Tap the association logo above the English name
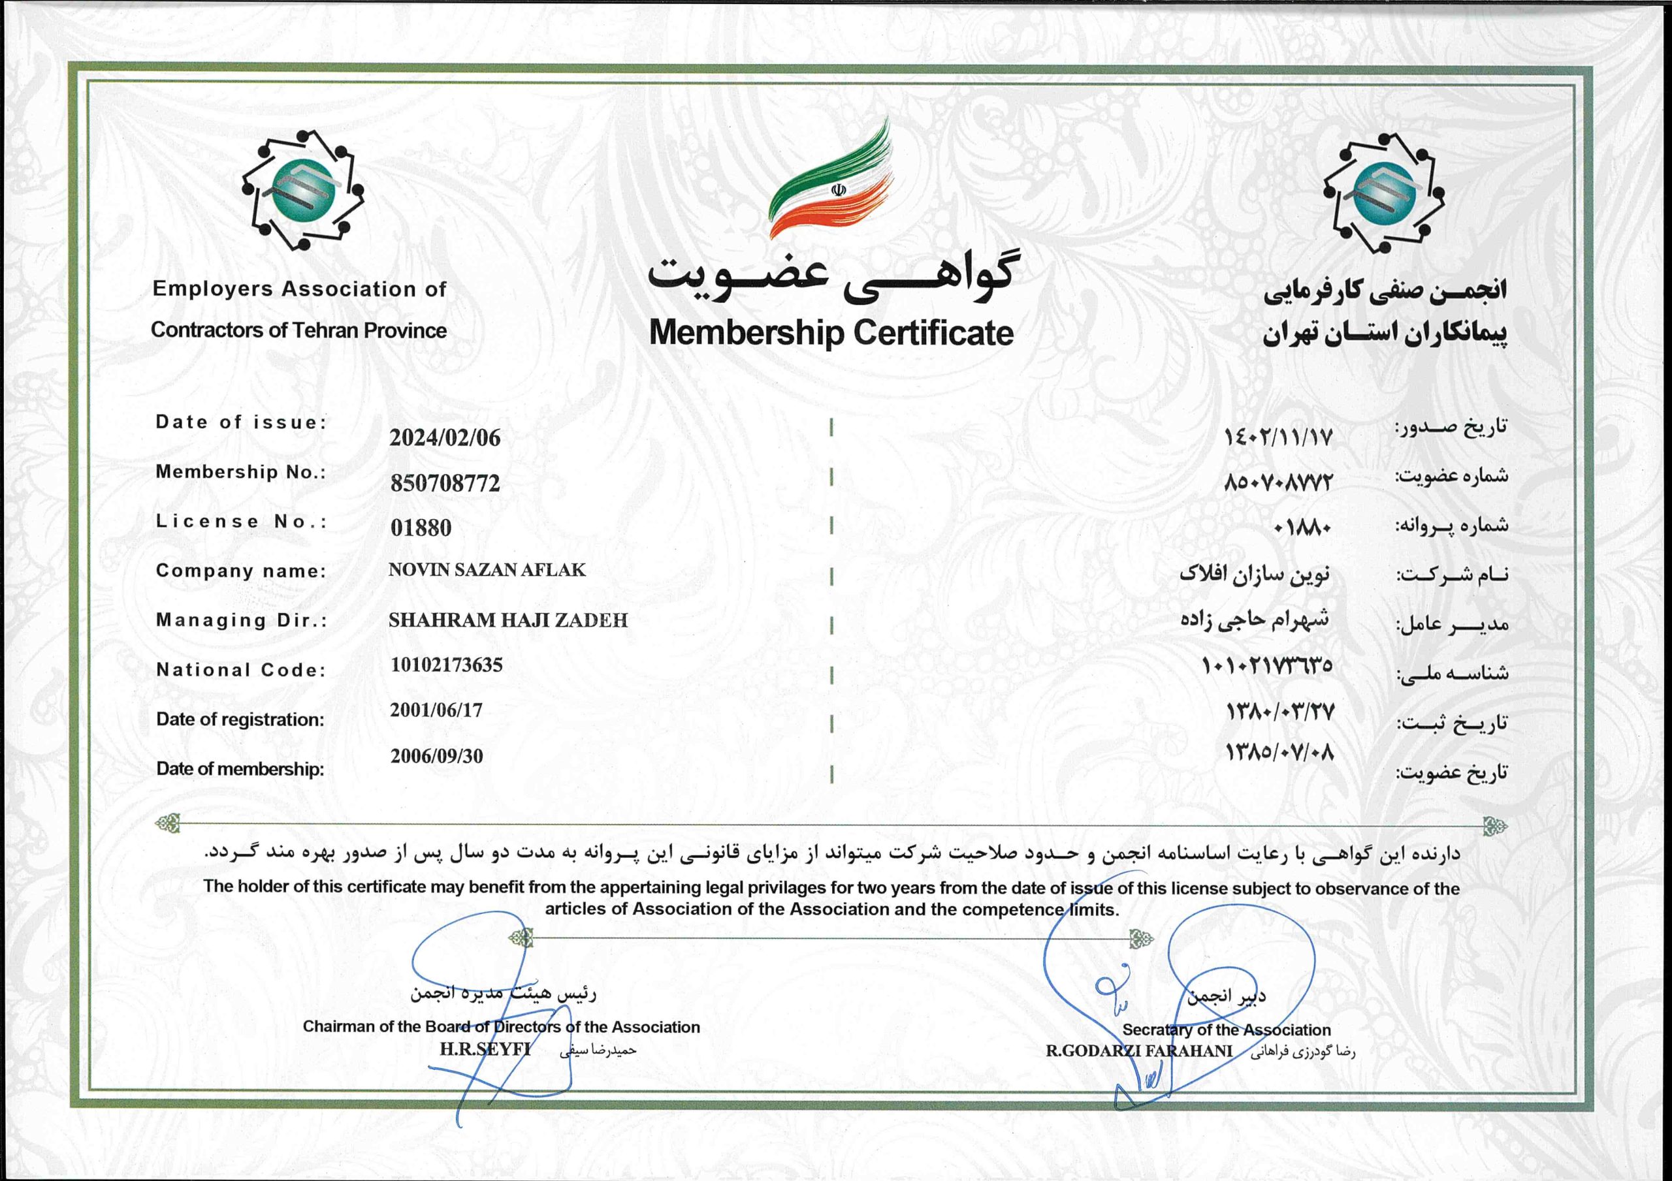tap(303, 191)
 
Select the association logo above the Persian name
tap(1383, 193)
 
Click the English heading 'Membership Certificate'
tap(831, 333)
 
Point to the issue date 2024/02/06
tap(445, 437)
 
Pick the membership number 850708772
tap(445, 482)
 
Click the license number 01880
tap(421, 527)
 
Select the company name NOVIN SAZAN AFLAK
tap(487, 570)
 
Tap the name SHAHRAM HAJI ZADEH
tap(507, 620)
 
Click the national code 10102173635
tap(446, 665)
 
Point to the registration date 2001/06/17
tap(436, 710)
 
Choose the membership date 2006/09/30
tap(436, 756)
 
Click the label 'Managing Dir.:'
tap(242, 620)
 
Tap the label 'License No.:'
tap(242, 522)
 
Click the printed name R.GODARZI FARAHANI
tap(1139, 1050)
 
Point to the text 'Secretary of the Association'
tap(1227, 1030)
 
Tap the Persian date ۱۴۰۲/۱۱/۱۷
tap(1279, 437)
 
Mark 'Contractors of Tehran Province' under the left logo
tap(298, 330)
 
